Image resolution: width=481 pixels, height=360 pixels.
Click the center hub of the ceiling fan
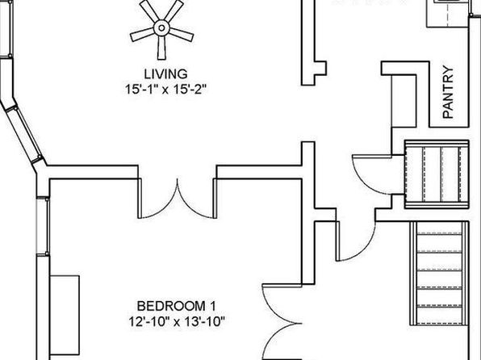pyautogui.click(x=161, y=28)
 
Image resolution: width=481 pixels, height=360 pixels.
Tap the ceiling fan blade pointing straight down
pyautogui.click(x=161, y=48)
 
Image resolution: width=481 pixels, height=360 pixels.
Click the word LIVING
pyautogui.click(x=166, y=74)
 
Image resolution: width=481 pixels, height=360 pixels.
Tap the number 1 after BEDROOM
pyautogui.click(x=212, y=306)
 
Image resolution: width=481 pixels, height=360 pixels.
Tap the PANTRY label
pyautogui.click(x=448, y=92)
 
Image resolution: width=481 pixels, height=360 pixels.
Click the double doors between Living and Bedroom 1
pyautogui.click(x=177, y=199)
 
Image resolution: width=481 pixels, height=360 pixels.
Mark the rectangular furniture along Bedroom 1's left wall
pyautogui.click(x=65, y=315)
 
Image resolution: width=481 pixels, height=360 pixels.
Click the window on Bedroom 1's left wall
pyautogui.click(x=43, y=226)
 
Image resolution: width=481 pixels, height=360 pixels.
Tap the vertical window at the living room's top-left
pyautogui.click(x=6, y=29)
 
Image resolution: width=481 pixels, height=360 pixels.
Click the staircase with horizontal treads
pyautogui.click(x=439, y=273)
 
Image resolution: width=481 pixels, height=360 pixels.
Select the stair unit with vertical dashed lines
pyautogui.click(x=437, y=174)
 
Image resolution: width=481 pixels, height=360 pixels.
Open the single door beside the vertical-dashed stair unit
pyautogui.click(x=372, y=174)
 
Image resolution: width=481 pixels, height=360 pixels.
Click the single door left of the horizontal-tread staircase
pyautogui.click(x=356, y=241)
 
